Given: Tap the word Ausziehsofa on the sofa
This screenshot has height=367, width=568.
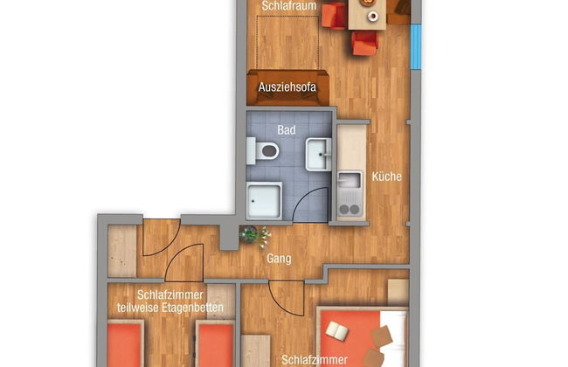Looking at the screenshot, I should coord(287,87).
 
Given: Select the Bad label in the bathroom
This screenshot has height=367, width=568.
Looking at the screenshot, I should coord(287,130).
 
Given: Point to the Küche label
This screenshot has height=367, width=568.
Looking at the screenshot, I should coord(386,177).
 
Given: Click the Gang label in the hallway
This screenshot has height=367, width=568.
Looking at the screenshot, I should coord(280,259).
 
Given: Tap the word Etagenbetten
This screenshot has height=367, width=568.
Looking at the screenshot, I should coord(197,309).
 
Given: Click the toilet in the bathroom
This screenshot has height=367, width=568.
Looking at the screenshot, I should coord(265,152).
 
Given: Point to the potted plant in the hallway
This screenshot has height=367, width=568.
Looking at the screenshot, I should coord(253,235).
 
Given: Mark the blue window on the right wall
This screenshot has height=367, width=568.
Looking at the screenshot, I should coord(416,47).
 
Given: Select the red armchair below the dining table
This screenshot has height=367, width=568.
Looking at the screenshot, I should coord(364,43).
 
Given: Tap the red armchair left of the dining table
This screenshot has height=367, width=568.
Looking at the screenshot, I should coord(332,15).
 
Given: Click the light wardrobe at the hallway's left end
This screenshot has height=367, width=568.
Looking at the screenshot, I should coord(122,252).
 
